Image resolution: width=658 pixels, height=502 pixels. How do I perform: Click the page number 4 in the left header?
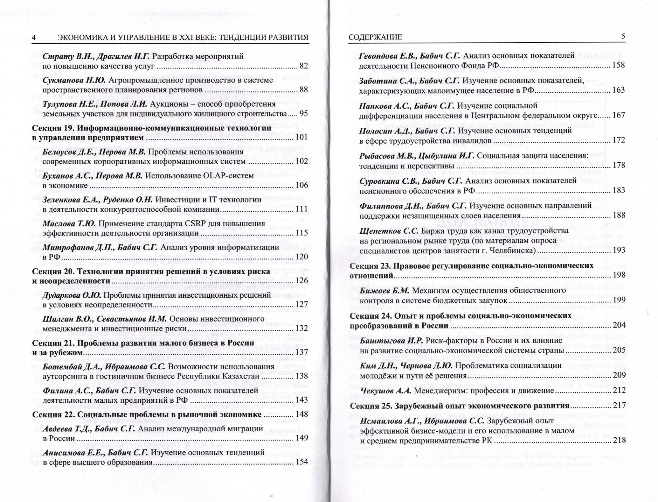pyautogui.click(x=34, y=38)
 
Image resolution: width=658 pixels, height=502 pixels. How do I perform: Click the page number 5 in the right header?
pyautogui.click(x=623, y=36)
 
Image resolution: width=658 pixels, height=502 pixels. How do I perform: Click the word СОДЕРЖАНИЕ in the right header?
pyautogui.click(x=375, y=37)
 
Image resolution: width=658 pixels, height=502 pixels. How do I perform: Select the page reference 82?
pyautogui.click(x=304, y=66)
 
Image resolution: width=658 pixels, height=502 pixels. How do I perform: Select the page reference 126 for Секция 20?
pyautogui.click(x=302, y=280)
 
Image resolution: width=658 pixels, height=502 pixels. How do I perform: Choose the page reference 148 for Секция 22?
pyautogui.click(x=302, y=414)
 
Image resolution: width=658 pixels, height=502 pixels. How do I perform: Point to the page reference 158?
pyautogui.click(x=619, y=65)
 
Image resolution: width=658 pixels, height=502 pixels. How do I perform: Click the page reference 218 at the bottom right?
pyautogui.click(x=619, y=440)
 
